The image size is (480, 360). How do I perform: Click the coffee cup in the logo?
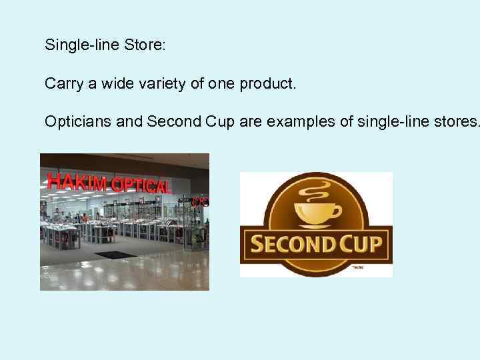point(317,212)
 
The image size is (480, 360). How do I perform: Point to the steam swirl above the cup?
point(316,188)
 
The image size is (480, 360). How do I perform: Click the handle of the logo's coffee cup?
point(336,211)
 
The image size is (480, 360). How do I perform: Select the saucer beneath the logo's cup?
point(317,225)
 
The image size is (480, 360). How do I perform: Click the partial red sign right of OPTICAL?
point(199,200)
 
